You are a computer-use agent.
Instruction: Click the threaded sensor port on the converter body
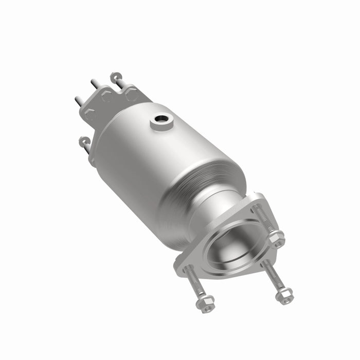[161, 122]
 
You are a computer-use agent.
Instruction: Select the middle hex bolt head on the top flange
[107, 96]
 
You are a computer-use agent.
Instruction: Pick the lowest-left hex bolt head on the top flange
[90, 114]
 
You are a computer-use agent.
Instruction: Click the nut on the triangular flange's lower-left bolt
[207, 304]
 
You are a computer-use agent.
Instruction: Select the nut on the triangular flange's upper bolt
[277, 239]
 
